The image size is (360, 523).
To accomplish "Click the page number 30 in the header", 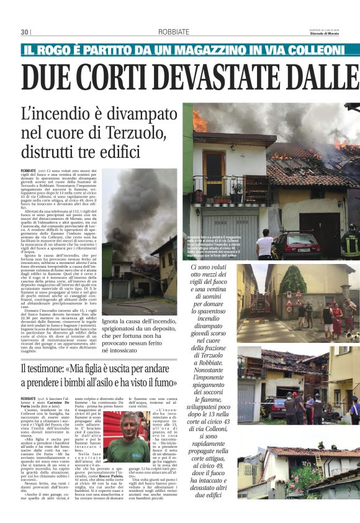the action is pyautogui.click(x=25, y=32).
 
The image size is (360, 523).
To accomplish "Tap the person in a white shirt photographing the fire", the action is pyautogui.click(x=264, y=244).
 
